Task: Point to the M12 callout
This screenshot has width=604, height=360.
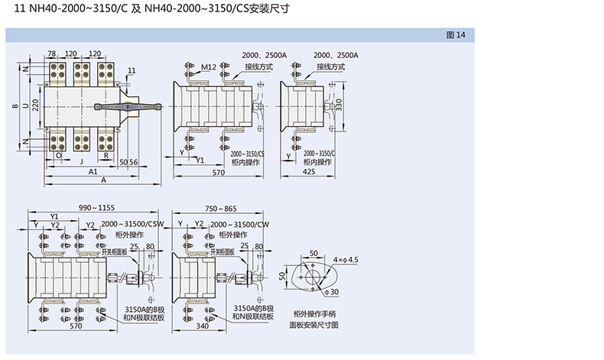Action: [209, 67]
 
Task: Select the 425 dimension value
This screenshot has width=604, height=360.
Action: [309, 173]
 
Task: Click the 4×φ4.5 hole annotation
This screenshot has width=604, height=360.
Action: [345, 260]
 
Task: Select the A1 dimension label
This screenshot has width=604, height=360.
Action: [93, 173]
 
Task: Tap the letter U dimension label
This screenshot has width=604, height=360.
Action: [24, 105]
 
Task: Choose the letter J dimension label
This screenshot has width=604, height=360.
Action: [81, 161]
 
